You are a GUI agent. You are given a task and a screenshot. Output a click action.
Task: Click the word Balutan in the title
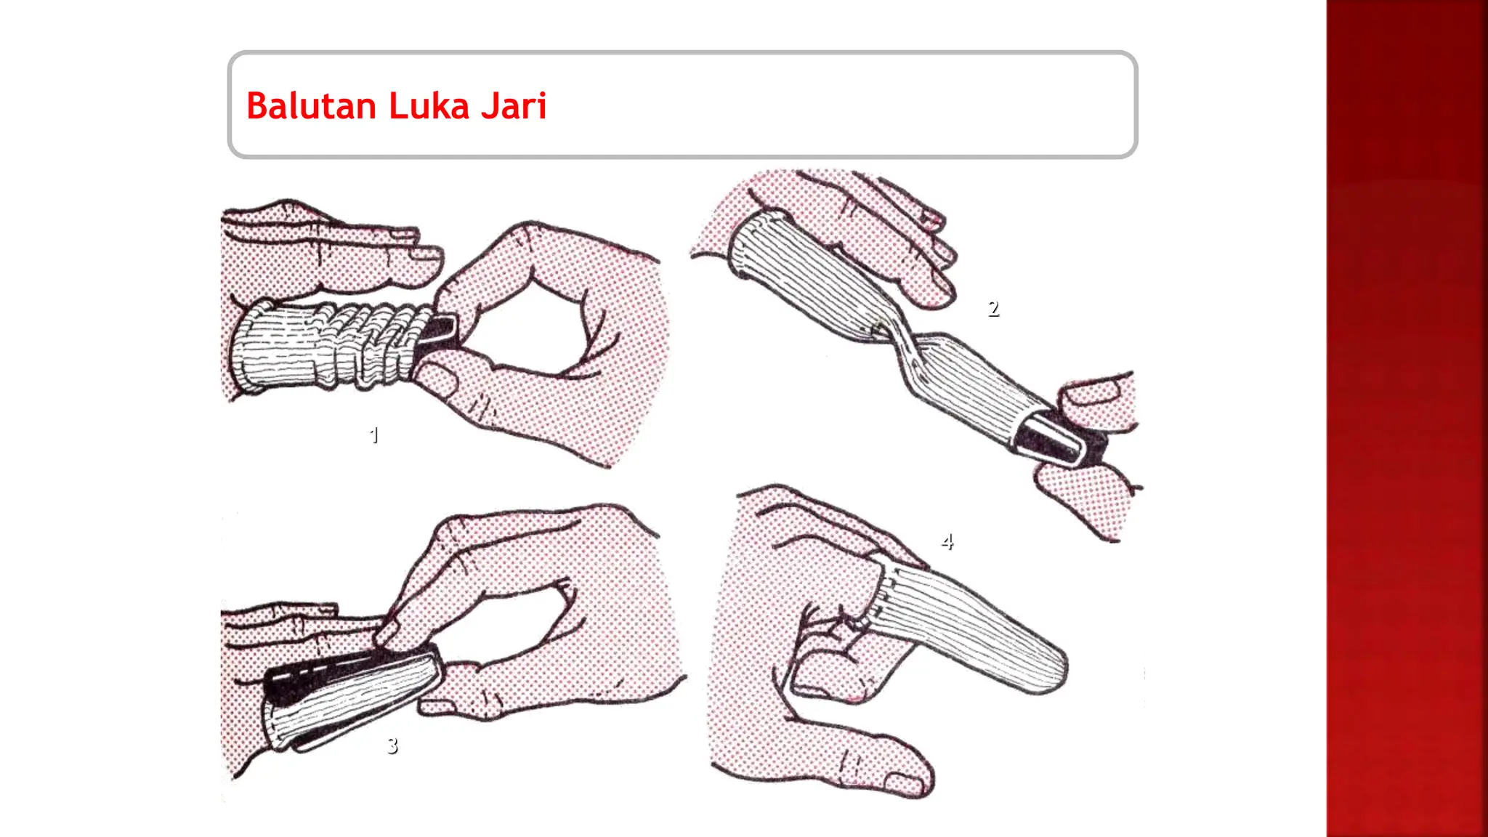pos(312,106)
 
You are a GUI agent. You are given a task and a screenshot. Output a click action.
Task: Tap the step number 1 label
pos(374,435)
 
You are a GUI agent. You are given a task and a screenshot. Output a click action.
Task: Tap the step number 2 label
pos(993,309)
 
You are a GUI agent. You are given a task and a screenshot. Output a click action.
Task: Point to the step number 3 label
pos(392,745)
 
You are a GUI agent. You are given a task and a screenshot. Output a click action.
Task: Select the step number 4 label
pos(947,542)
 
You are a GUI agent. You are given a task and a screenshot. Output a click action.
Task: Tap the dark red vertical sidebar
pos(1407,418)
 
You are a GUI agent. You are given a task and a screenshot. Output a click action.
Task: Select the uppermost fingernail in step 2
pos(930,216)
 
